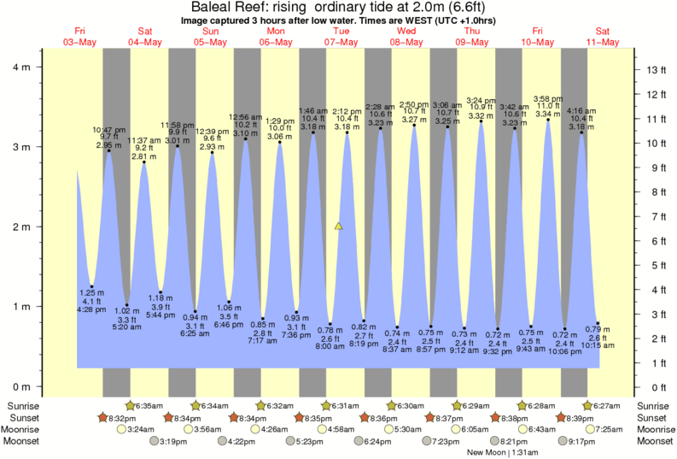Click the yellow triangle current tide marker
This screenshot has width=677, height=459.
coord(339,227)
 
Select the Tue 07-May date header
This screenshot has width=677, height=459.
coord(341,37)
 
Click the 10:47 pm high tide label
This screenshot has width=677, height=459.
coord(108,128)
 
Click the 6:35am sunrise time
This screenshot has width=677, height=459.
coord(150,405)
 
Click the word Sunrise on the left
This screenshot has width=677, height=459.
coord(23,405)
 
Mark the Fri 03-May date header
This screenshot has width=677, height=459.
coord(79,37)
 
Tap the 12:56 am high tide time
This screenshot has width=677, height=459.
coord(245,116)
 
